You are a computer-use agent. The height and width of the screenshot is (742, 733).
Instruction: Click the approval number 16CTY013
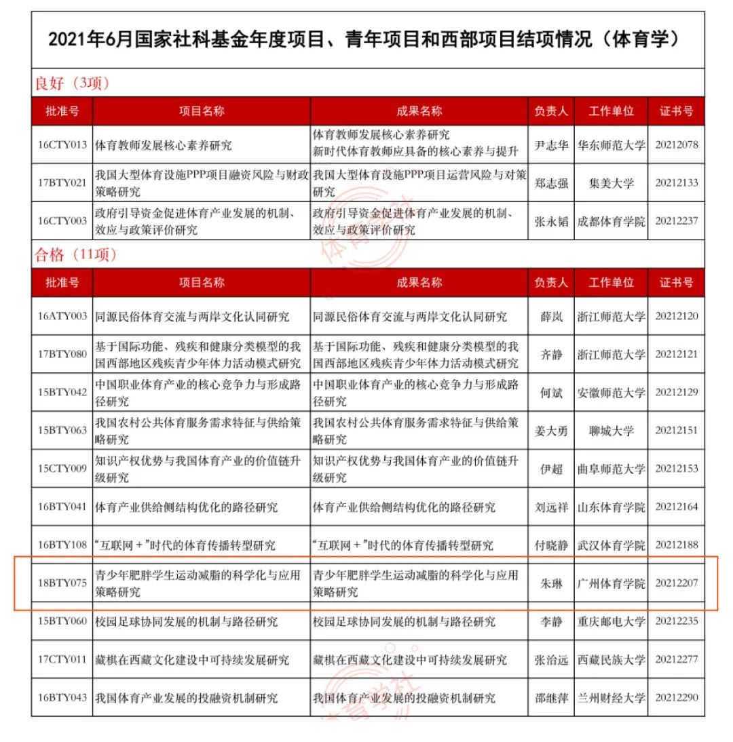click(62, 144)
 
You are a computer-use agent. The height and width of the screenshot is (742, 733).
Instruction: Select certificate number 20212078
click(677, 144)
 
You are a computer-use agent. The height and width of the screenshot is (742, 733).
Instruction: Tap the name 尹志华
click(550, 144)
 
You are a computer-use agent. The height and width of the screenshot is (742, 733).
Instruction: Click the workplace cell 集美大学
click(611, 182)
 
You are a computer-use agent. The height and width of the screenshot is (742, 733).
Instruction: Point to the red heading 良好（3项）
click(72, 83)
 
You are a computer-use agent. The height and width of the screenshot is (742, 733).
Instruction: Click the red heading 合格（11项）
click(76, 254)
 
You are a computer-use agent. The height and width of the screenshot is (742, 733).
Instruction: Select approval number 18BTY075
click(62, 583)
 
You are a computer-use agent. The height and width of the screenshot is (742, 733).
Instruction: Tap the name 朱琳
click(550, 583)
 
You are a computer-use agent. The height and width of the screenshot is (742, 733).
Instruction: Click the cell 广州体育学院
click(611, 583)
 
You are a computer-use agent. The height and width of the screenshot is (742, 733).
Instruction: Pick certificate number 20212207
click(677, 583)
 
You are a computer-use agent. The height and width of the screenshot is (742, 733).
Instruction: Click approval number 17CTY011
click(62, 659)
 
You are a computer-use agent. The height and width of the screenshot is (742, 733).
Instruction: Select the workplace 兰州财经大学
click(611, 697)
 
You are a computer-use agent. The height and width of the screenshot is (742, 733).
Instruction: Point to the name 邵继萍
click(550, 697)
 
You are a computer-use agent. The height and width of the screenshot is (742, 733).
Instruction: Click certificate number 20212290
click(677, 697)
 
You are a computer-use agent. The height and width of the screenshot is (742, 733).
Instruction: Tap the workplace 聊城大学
click(611, 430)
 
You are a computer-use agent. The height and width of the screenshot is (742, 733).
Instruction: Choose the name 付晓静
click(550, 545)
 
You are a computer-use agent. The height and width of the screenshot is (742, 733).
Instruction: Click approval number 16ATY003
click(62, 316)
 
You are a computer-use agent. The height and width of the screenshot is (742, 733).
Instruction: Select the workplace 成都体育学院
click(611, 220)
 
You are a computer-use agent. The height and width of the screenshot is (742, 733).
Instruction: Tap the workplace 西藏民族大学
click(611, 659)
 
